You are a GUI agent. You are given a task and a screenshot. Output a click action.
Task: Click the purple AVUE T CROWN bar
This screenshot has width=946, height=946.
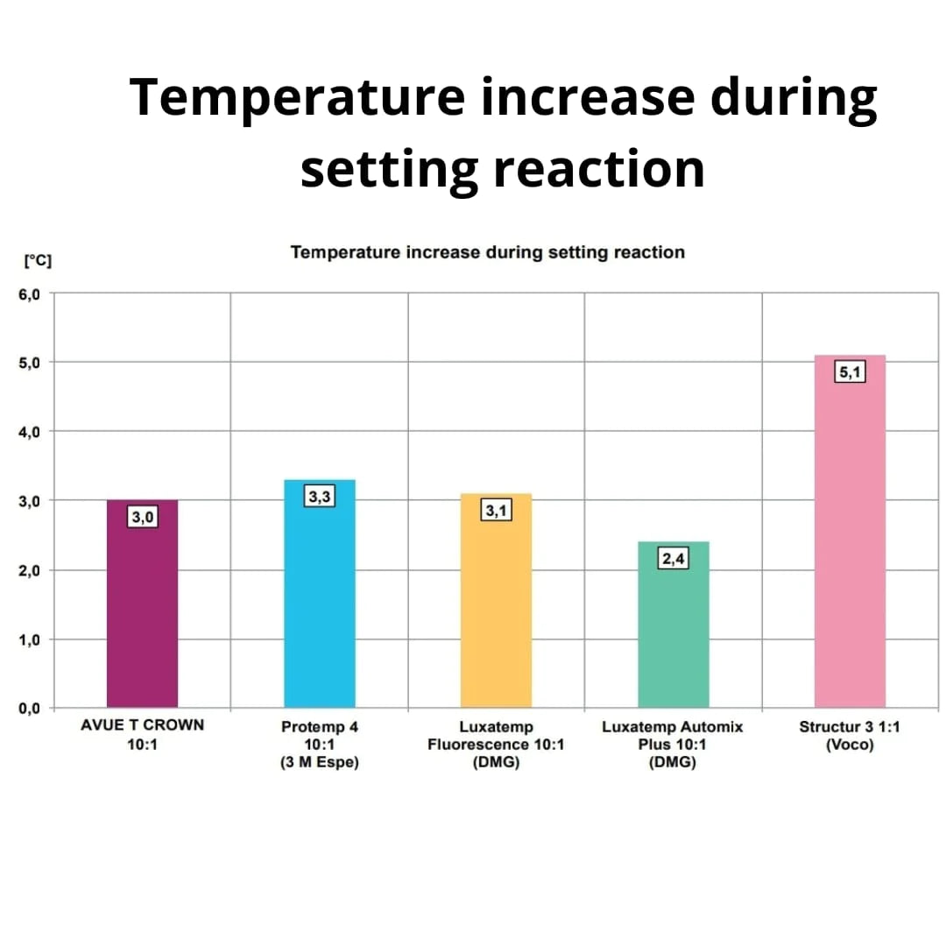click(x=142, y=613)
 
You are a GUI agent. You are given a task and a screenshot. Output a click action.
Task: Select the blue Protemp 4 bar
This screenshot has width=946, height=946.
click(x=320, y=604)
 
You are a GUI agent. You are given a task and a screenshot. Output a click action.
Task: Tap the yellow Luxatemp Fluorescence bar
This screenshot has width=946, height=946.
click(x=496, y=613)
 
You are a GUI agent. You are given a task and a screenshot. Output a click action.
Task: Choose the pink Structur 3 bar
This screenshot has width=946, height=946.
click(x=850, y=543)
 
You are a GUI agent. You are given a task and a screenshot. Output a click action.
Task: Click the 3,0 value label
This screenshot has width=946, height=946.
click(x=142, y=518)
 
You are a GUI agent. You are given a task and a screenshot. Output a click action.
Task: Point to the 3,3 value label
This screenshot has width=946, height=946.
click(x=320, y=498)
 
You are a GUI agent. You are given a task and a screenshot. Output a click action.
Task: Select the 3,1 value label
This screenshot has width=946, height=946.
click(x=496, y=511)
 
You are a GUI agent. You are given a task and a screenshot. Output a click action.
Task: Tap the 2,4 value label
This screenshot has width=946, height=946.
click(x=673, y=559)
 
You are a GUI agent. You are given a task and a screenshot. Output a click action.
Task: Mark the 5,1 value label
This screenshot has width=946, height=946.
click(x=850, y=372)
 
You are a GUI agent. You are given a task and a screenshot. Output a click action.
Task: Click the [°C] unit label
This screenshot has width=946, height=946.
click(x=38, y=260)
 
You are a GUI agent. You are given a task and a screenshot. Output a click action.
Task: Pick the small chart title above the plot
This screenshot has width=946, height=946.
click(x=487, y=252)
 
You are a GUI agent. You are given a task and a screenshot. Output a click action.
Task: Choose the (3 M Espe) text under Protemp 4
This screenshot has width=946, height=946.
click(x=320, y=762)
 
